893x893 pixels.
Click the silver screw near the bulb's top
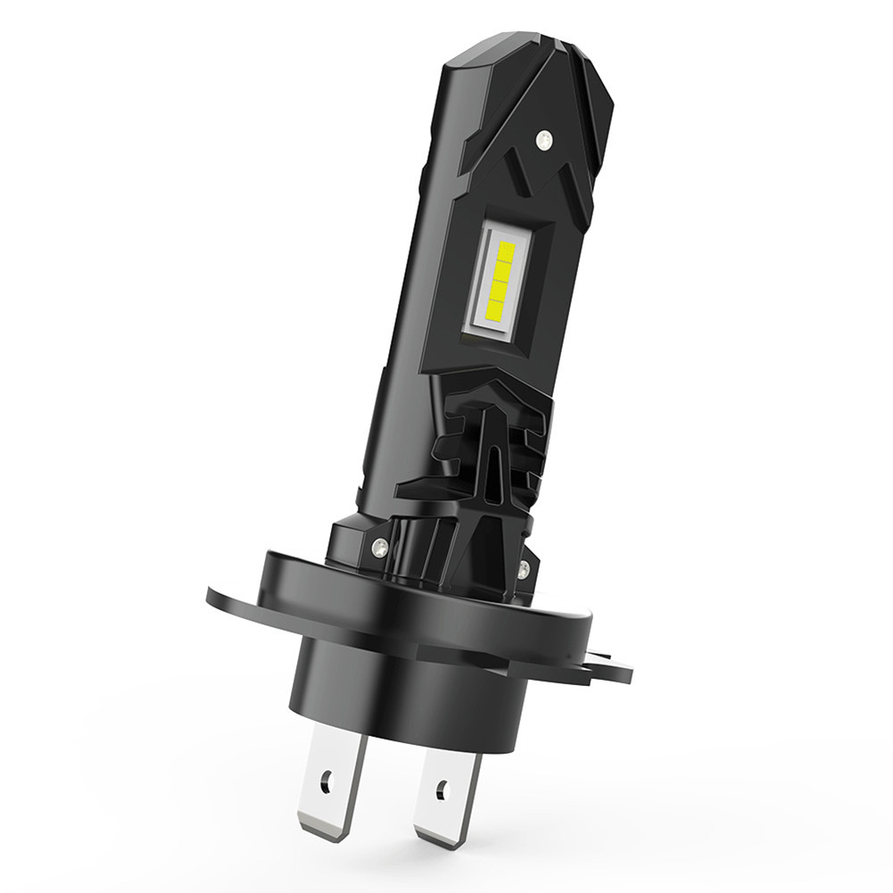point(542,137)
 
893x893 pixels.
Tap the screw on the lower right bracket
point(524,568)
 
